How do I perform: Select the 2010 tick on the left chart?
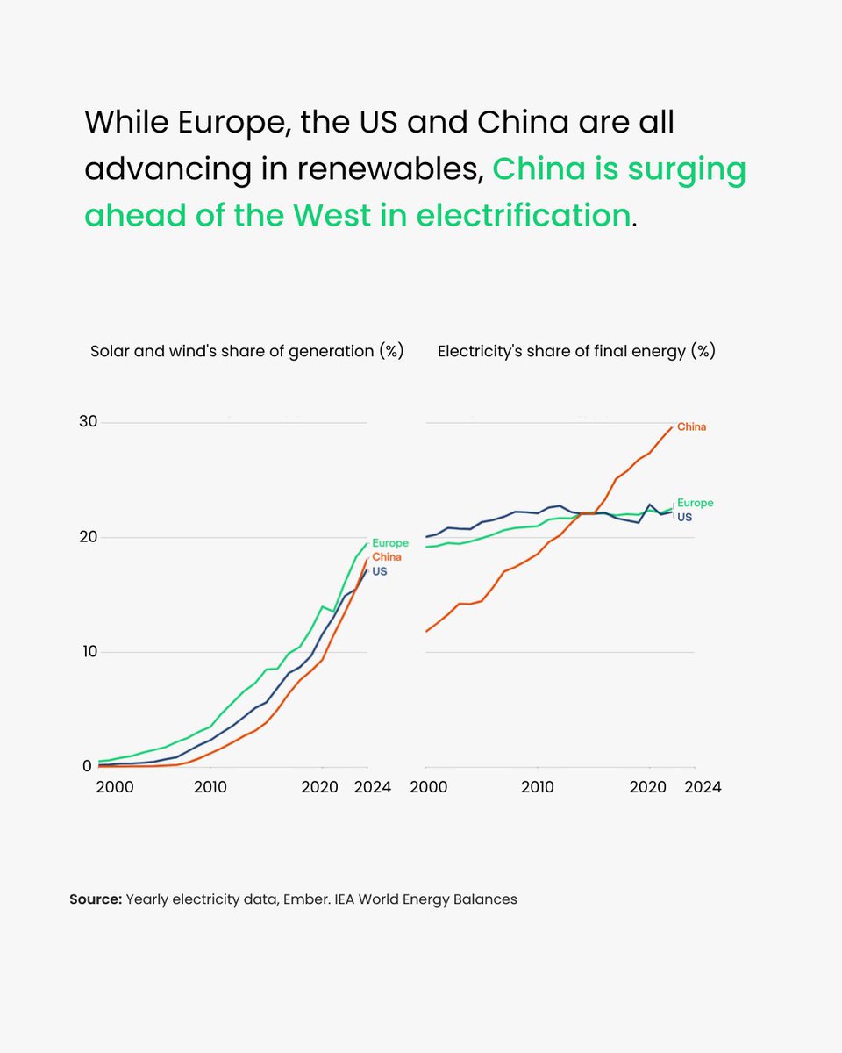pos(210,787)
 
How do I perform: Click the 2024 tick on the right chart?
pos(703,787)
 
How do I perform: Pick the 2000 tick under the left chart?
pos(115,787)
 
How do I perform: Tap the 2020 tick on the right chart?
pos(648,787)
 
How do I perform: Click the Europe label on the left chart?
pos(390,543)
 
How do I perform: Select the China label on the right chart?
pos(691,427)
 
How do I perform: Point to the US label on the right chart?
pos(684,518)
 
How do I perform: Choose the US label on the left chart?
pos(379,571)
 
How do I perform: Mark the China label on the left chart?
pos(387,557)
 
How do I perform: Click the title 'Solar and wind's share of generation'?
pos(246,352)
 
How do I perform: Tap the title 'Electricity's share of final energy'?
pos(576,352)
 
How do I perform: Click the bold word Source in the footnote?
pos(95,899)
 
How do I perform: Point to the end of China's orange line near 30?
pos(672,427)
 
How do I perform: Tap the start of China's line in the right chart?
pos(426,631)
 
